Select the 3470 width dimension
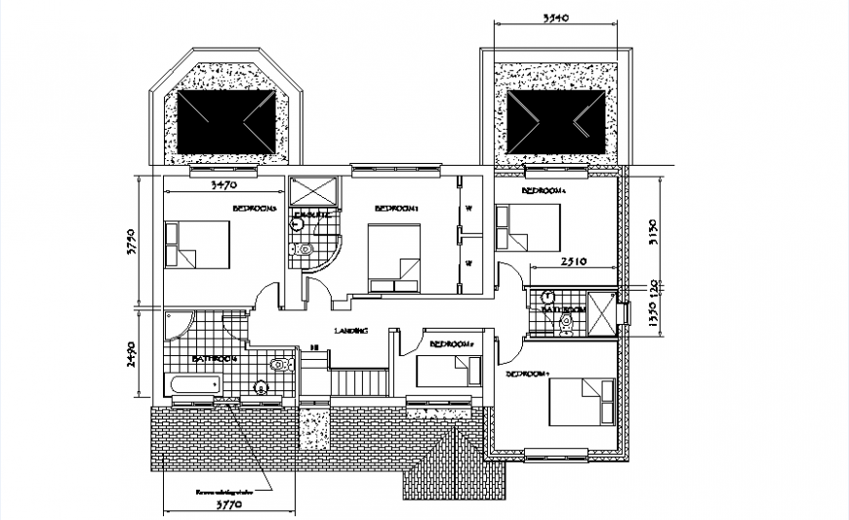tap(226, 183)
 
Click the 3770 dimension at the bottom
tap(228, 506)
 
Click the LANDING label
tap(350, 331)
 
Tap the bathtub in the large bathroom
tap(193, 386)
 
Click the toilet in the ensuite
tap(304, 249)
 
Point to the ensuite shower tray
tap(313, 190)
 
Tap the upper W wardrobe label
tap(468, 208)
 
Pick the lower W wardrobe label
tap(468, 263)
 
